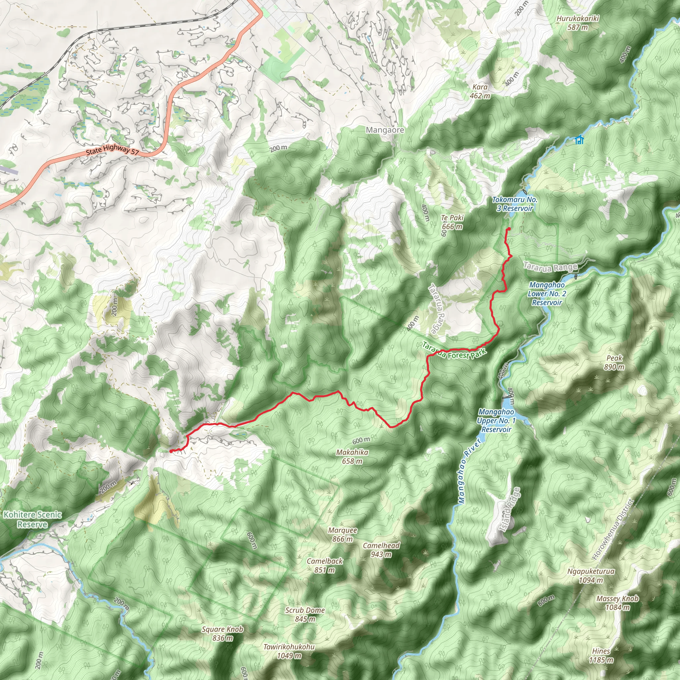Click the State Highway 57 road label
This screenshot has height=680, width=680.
tap(112, 150)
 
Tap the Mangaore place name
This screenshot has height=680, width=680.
tap(385, 130)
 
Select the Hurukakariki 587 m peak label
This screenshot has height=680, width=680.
tap(578, 23)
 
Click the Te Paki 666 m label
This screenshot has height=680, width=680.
tap(452, 222)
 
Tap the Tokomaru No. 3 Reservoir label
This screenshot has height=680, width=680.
tap(515, 204)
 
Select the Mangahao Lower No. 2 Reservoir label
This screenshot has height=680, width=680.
tap(547, 294)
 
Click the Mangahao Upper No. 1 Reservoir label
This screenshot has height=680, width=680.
tap(496, 421)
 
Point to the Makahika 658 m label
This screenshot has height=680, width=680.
tap(352, 457)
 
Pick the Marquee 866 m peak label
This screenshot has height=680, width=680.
tap(342, 534)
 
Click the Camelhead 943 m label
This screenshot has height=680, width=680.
tap(381, 550)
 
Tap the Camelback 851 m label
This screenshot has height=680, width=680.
tap(324, 565)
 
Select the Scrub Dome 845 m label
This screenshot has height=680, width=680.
tap(305, 615)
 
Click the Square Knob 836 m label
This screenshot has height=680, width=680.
tap(222, 634)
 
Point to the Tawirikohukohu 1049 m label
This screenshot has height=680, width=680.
tap(289, 651)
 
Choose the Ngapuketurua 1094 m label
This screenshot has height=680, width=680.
tap(591, 575)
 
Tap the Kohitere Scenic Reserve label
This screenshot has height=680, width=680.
tap(33, 520)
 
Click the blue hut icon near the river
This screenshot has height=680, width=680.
tap(579, 140)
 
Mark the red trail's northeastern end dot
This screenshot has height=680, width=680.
tap(509, 229)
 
